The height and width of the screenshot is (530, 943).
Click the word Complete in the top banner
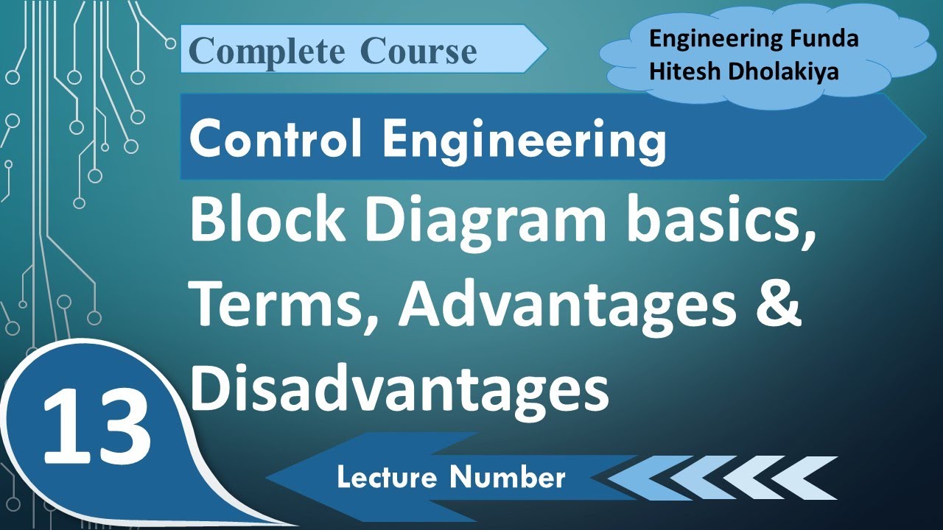point(267,52)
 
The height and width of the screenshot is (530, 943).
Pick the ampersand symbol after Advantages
point(777,305)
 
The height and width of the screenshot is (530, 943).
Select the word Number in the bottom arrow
point(508,478)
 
